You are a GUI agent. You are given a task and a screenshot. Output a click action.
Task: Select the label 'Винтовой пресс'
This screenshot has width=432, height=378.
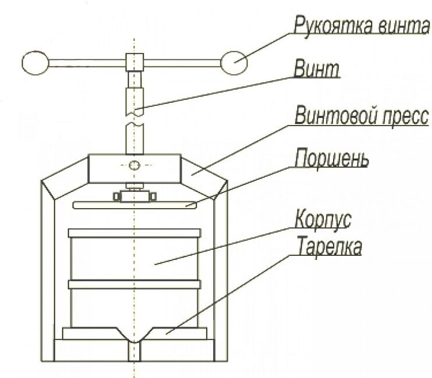coord(361,117)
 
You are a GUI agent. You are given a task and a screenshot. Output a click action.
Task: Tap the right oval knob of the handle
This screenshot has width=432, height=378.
coord(235,62)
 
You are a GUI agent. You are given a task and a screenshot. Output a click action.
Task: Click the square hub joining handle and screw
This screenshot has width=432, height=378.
coord(134,60)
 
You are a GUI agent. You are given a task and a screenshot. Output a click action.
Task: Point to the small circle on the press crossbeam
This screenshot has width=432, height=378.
coord(134,166)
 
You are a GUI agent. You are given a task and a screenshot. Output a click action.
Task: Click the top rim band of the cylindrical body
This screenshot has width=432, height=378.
coord(134,233)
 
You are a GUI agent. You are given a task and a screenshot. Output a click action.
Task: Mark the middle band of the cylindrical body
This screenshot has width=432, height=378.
coord(134,284)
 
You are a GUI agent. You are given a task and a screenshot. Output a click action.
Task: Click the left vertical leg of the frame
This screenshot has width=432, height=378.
coord(47,273)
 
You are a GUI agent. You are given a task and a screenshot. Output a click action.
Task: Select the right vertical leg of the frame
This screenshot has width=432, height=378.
coord(221,273)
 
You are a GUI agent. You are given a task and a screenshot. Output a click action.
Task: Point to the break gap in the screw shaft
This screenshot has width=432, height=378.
coord(134,120)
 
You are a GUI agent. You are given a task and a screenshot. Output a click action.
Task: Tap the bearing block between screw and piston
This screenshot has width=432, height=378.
coord(134,195)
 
